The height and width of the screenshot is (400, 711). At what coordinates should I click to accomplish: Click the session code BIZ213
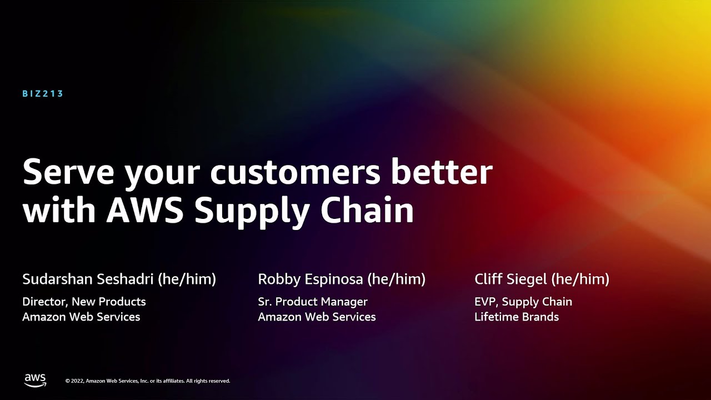(x=43, y=94)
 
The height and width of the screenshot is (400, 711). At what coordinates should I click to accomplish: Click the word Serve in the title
(x=67, y=172)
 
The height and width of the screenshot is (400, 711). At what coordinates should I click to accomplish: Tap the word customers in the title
(x=295, y=172)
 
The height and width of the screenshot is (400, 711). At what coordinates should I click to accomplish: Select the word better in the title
(x=442, y=172)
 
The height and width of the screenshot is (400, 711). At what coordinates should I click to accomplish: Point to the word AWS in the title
(x=144, y=211)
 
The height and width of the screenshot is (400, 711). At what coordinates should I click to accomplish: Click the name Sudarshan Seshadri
(x=88, y=279)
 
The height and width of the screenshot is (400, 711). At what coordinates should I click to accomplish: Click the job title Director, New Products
(x=84, y=302)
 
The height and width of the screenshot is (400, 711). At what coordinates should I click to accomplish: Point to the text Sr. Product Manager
(x=313, y=302)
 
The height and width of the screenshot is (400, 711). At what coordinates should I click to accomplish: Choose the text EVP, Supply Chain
(x=523, y=302)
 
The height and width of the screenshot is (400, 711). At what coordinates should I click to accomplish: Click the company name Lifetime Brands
(x=517, y=317)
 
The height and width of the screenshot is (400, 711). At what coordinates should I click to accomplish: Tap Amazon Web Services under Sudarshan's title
(x=81, y=317)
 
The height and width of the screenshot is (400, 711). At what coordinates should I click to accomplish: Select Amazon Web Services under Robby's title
(x=317, y=317)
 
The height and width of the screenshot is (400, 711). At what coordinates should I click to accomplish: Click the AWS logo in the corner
(x=35, y=380)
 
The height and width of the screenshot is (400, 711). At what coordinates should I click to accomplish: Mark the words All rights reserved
(x=208, y=381)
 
